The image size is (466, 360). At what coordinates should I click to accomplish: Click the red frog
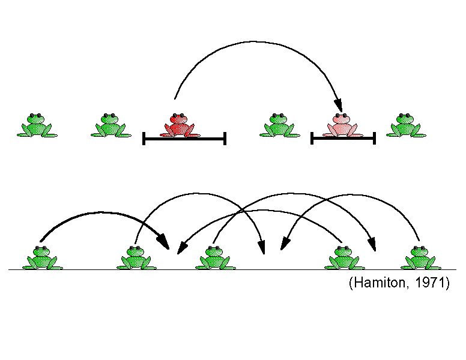click(x=179, y=125)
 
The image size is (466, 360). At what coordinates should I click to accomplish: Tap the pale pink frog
click(x=341, y=125)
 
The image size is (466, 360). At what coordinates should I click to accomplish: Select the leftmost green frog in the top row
click(x=37, y=125)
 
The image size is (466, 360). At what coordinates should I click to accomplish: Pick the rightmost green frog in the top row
click(x=405, y=125)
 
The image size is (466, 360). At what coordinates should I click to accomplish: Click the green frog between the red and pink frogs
click(x=279, y=125)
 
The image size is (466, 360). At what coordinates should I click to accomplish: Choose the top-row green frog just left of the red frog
click(x=110, y=125)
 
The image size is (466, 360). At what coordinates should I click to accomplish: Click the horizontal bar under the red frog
click(x=184, y=139)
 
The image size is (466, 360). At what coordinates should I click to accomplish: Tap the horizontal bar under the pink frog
click(x=343, y=139)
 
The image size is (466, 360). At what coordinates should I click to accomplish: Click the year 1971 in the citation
click(x=432, y=283)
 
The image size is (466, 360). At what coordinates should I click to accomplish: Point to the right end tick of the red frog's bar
click(x=225, y=139)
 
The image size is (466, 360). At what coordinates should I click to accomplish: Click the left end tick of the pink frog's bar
click(x=312, y=139)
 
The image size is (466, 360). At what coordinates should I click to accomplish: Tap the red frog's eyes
click(x=178, y=116)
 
